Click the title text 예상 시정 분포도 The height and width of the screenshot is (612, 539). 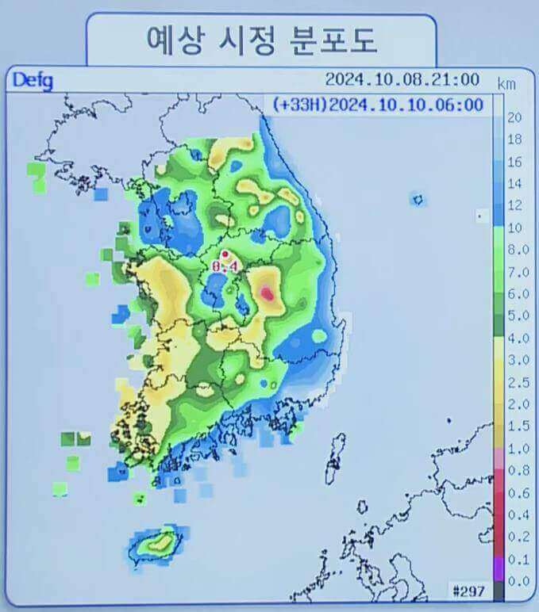pos(260,40)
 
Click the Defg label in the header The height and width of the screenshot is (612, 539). pos(32,80)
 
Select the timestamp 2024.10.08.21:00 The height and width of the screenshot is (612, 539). pos(402,79)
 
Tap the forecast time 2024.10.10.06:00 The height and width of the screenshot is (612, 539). pos(405,105)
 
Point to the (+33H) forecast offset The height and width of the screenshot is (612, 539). pos(299,105)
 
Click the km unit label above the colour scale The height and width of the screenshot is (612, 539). pos(506,83)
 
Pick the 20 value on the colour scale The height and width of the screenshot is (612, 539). pos(514,118)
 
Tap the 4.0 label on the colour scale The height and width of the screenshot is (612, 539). pos(515,339)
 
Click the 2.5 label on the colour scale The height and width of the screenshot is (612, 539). pos(515,383)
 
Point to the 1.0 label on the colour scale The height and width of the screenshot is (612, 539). pos(515,448)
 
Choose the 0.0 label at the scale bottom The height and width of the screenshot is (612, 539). pos(515,581)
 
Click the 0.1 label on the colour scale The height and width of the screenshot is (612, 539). pos(515,559)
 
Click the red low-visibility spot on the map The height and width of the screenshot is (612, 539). pos(268,293)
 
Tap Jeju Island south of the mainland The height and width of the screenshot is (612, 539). pos(156,544)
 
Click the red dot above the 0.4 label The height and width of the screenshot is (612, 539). pos(225,254)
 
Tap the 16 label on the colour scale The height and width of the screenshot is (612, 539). pos(514,162)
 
